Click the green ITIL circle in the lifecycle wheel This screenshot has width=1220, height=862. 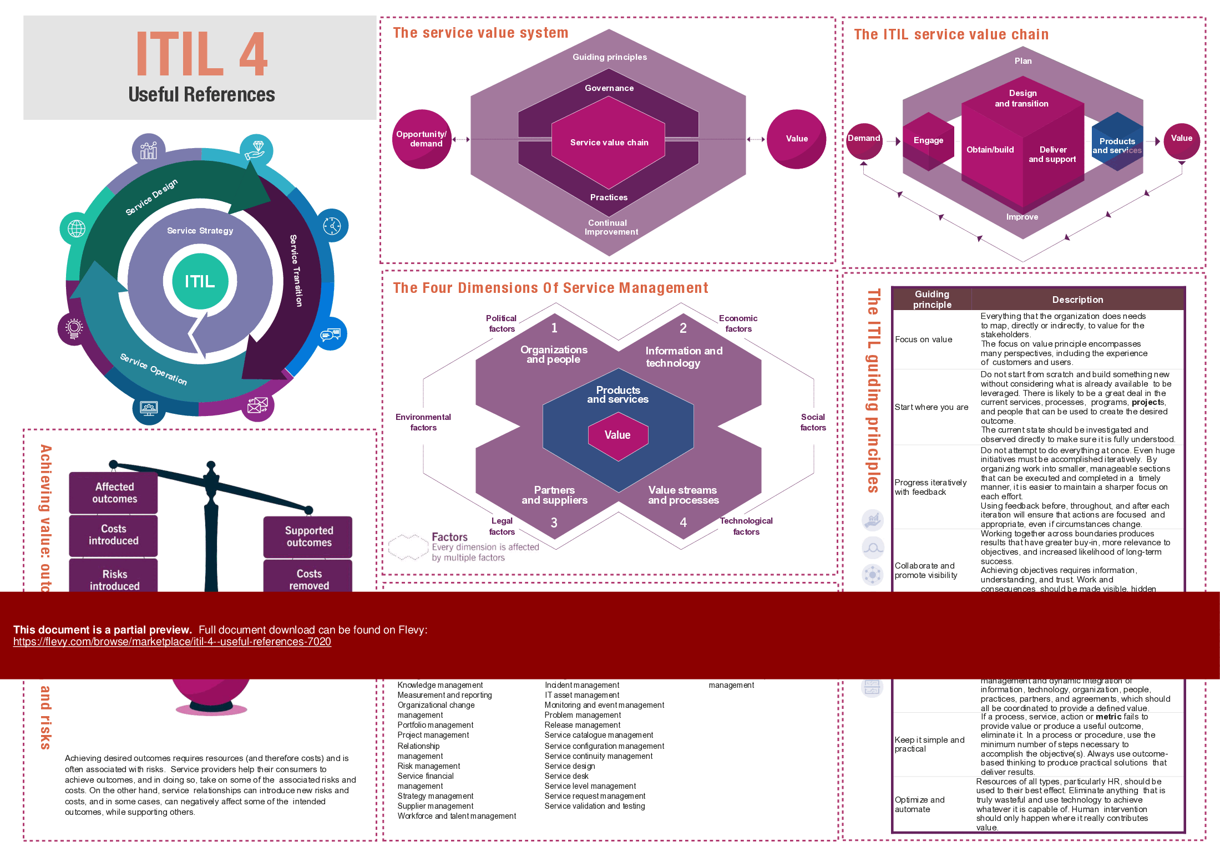tap(200, 281)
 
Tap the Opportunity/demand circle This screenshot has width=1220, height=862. tap(422, 139)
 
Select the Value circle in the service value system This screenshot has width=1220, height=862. tap(796, 139)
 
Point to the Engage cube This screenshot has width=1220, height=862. tap(928, 141)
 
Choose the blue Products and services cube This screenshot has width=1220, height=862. tap(1117, 142)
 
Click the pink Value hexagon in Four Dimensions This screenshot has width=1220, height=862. tap(617, 435)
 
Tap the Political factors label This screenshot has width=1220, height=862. tap(502, 323)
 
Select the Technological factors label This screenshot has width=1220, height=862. tap(746, 526)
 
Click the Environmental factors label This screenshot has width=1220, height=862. tap(423, 422)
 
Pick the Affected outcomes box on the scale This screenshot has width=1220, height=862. tap(114, 493)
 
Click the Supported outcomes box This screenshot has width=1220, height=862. tap(308, 536)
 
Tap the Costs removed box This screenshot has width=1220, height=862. tap(308, 578)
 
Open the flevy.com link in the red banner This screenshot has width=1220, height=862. tap(172, 642)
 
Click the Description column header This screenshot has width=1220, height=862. tap(1077, 300)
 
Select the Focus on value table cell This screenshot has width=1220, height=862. tap(924, 339)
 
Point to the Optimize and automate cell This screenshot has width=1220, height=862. tap(919, 804)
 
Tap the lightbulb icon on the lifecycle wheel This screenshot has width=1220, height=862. tap(74, 328)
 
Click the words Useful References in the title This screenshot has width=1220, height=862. tap(201, 95)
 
